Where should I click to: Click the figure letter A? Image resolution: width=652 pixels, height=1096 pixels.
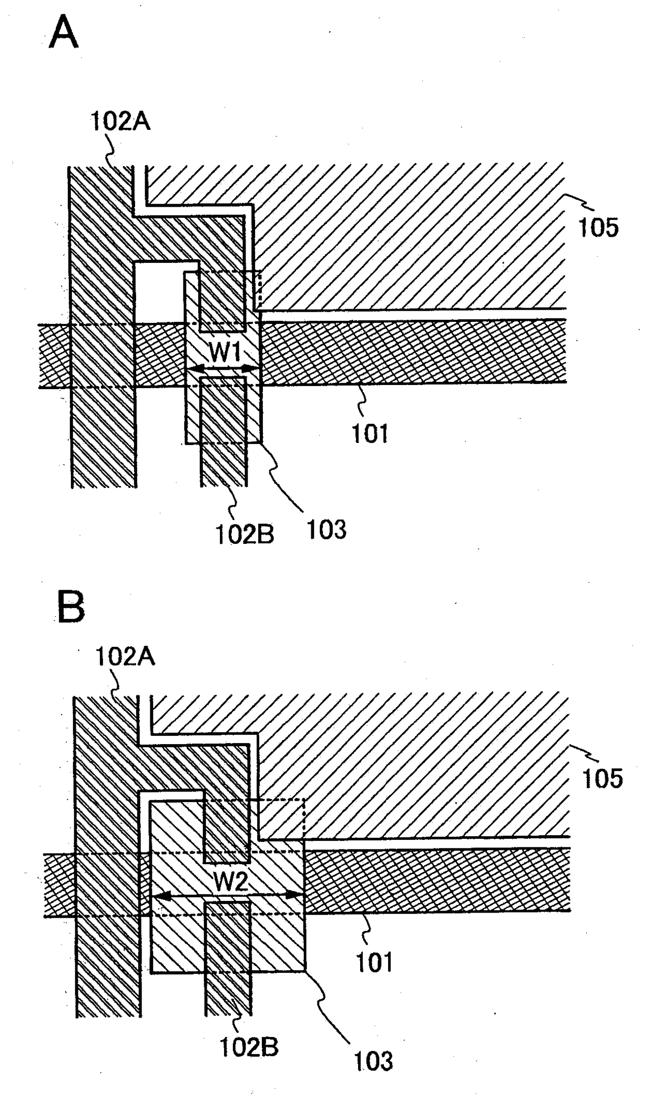pos(64,33)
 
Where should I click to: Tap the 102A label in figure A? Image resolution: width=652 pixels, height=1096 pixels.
pos(120,121)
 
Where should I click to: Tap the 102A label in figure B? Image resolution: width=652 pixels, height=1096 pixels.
pos(125,656)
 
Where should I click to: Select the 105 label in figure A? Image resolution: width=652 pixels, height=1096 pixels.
pos(598,228)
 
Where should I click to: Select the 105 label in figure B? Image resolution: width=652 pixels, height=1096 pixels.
pos(603,778)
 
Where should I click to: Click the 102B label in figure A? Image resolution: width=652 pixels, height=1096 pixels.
pos(244,534)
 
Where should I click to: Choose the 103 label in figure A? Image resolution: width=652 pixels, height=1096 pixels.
pos(326,529)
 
